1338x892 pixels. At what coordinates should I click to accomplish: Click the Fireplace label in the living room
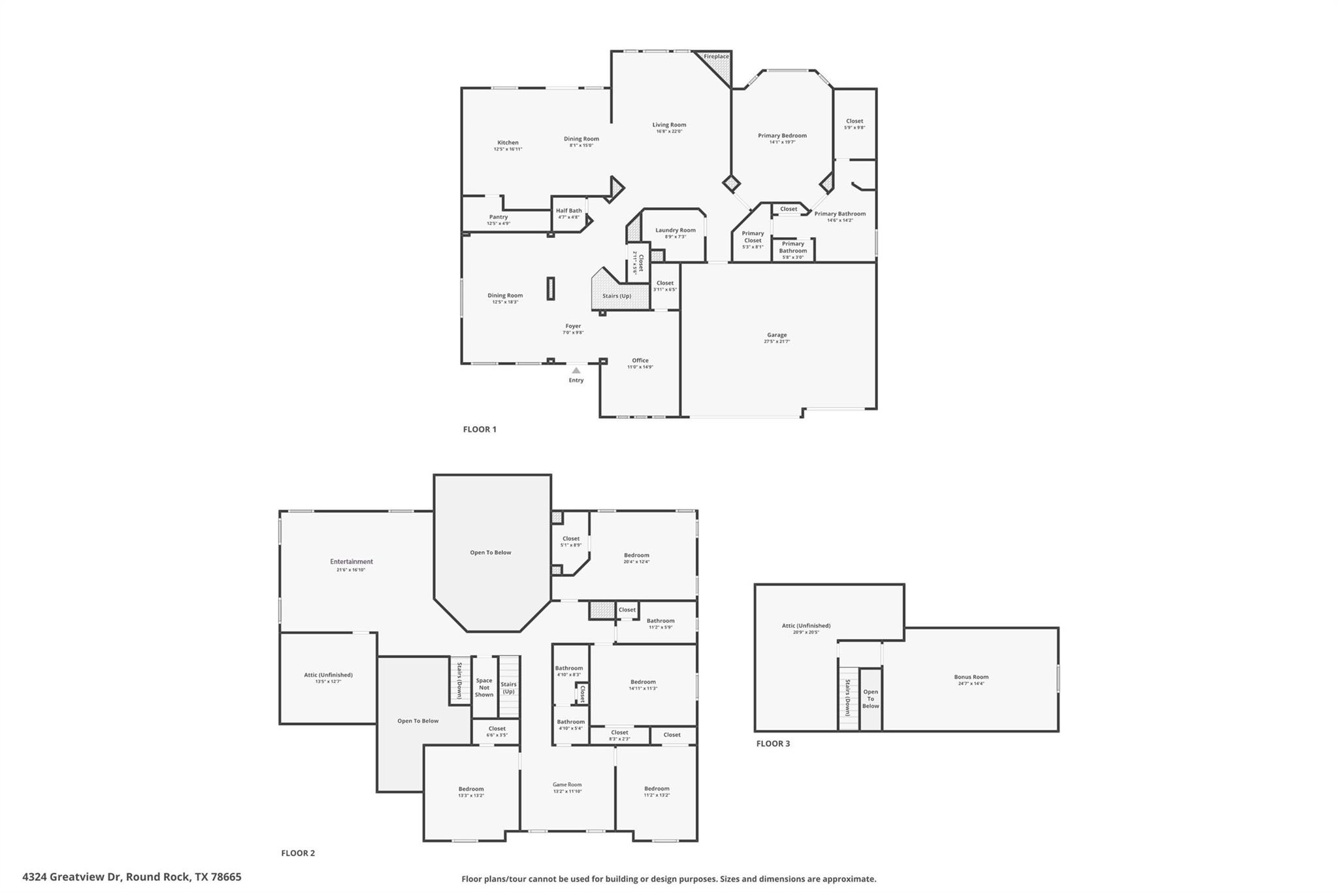click(x=716, y=57)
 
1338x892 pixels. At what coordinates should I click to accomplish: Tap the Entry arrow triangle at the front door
click(x=576, y=371)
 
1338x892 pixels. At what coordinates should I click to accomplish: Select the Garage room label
click(x=777, y=335)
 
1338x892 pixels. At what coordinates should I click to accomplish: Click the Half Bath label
click(x=568, y=211)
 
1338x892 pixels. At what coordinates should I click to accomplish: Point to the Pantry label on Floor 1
click(x=498, y=217)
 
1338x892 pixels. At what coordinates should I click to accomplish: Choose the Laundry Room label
click(x=676, y=230)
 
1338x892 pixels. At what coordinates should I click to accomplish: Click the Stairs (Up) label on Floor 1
click(x=617, y=296)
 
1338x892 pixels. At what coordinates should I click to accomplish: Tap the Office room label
click(x=640, y=361)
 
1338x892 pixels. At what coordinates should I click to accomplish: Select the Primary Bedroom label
click(x=782, y=136)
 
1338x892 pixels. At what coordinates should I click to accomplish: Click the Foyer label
click(x=573, y=326)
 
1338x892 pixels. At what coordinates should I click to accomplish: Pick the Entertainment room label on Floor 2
click(x=351, y=562)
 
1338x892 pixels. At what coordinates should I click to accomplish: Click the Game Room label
click(x=567, y=785)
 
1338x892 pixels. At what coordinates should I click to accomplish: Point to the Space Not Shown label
click(x=484, y=687)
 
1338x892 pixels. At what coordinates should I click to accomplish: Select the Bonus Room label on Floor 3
click(x=971, y=677)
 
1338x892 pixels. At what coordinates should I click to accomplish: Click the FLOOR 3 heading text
click(x=773, y=744)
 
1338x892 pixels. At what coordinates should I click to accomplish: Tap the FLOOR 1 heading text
click(x=480, y=429)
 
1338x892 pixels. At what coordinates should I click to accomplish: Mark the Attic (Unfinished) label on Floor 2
click(x=329, y=675)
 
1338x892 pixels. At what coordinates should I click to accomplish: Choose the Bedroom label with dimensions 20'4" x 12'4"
click(x=636, y=555)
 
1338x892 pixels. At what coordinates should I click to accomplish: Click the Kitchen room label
click(x=508, y=142)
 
